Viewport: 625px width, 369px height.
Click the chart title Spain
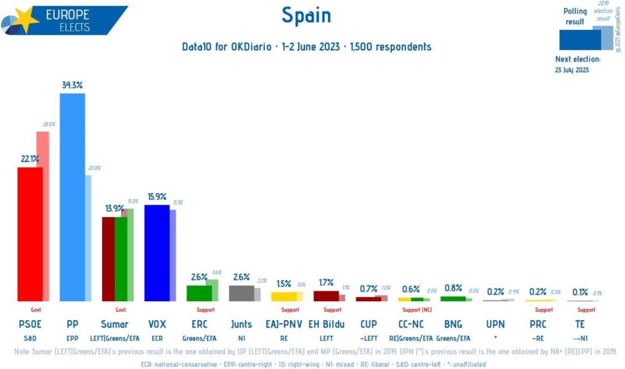click(306, 15)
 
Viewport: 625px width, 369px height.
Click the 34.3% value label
click(73, 85)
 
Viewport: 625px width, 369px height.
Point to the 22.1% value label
click(30, 159)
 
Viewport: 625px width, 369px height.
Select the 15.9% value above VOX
click(157, 197)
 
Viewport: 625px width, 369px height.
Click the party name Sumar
click(115, 324)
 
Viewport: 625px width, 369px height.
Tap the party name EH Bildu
click(326, 324)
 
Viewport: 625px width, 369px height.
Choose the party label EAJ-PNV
click(284, 324)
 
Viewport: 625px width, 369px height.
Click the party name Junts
click(242, 324)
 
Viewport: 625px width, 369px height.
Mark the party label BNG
click(453, 324)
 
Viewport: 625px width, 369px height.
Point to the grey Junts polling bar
click(241, 293)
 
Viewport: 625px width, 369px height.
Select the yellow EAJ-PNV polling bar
click(284, 296)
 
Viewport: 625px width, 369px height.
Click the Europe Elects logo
click(64, 20)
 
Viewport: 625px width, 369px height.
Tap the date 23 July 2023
click(572, 70)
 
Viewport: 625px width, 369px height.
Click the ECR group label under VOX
click(157, 337)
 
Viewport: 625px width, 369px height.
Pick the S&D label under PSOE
click(29, 337)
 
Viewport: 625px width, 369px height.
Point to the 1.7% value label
click(326, 282)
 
